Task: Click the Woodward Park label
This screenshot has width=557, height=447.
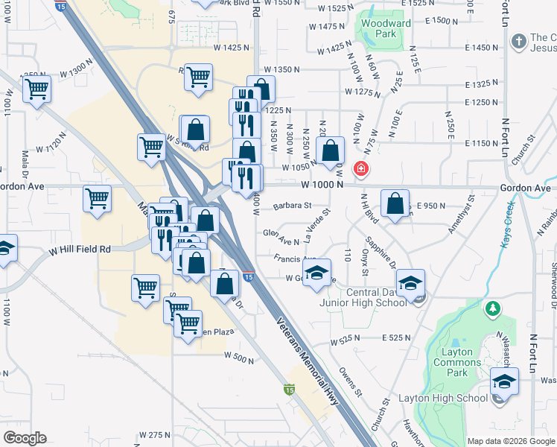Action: click(385, 28)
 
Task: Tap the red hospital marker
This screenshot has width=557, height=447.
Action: click(361, 169)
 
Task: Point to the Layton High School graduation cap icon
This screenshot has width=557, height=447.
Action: click(504, 384)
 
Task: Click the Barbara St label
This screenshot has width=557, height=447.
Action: click(290, 206)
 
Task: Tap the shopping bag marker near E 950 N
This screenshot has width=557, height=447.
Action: click(395, 202)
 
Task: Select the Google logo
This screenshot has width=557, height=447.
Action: click(25, 437)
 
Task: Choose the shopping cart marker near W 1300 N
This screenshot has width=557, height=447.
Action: click(36, 89)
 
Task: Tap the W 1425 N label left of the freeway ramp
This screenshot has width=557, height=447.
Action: click(229, 47)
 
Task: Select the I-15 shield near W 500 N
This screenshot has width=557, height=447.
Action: click(290, 389)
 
